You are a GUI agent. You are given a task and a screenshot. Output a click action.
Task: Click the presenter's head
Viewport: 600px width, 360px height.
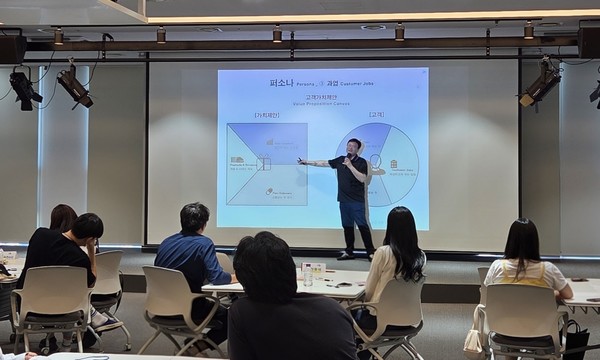pos(353,147)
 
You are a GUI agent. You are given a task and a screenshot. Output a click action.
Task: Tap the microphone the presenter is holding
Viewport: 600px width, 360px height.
pos(347,158)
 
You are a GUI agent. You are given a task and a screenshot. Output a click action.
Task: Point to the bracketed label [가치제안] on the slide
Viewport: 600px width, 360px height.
pos(268,114)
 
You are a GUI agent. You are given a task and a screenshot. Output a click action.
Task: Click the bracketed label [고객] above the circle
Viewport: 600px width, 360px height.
pos(376,114)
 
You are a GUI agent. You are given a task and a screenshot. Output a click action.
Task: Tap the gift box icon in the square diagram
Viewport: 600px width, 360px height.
pos(264,162)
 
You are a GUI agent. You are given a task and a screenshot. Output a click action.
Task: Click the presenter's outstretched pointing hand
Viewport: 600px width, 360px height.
pos(301,160)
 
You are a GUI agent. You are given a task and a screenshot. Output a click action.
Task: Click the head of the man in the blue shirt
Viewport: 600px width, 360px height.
pos(195,218)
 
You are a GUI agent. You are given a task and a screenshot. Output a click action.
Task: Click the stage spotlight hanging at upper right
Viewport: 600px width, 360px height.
pos(540,84)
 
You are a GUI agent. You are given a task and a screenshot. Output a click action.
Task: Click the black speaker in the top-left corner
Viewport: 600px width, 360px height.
pos(12,48)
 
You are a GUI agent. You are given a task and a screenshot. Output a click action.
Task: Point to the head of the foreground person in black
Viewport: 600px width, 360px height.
pos(265,267)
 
